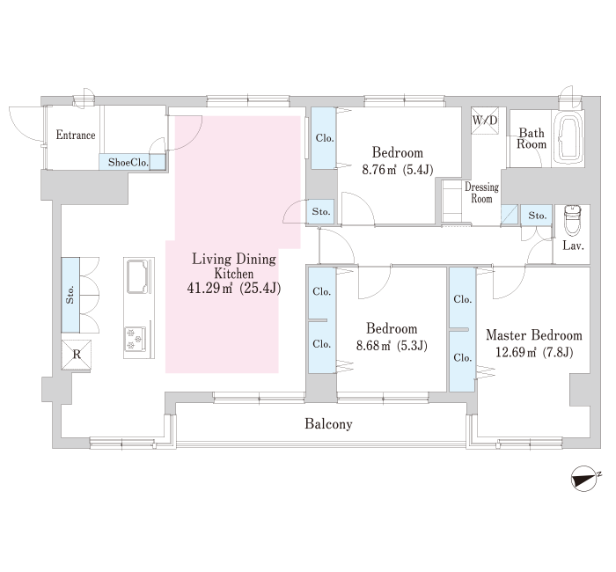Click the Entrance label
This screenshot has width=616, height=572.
click(76, 136)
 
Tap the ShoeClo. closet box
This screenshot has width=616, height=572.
click(132, 162)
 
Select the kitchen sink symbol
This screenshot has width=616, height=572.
click(138, 276)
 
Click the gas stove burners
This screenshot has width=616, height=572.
click(136, 339)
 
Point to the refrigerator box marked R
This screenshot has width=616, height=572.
click(77, 355)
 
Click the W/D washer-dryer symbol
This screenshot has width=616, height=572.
click(485, 121)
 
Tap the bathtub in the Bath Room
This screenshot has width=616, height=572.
click(568, 138)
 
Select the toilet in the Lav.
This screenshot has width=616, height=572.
click(572, 221)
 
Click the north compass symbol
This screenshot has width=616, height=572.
click(584, 478)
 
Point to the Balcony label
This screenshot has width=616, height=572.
click(328, 424)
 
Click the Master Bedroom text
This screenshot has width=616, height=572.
click(534, 335)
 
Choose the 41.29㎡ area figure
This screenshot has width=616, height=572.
click(209, 289)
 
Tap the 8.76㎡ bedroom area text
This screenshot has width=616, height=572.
click(379, 170)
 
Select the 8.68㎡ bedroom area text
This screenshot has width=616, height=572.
click(373, 346)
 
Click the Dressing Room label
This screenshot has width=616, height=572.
click(481, 193)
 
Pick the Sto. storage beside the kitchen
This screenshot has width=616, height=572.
click(70, 295)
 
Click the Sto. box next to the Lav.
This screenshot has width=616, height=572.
click(537, 216)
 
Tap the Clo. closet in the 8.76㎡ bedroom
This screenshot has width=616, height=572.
click(324, 138)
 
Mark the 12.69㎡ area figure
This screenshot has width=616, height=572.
click(516, 352)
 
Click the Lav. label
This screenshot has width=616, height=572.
click(573, 246)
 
